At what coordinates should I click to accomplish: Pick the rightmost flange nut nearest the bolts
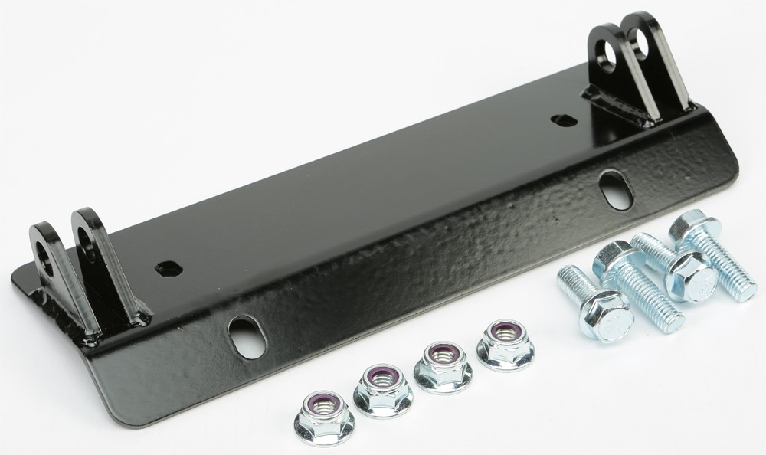506,344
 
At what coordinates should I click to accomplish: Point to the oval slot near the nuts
247,337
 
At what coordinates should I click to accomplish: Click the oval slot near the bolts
616,190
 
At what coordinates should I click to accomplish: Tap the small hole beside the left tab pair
168,269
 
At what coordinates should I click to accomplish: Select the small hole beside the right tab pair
564,120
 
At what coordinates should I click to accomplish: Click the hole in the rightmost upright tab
640,43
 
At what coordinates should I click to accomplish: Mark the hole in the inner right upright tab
607,57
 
